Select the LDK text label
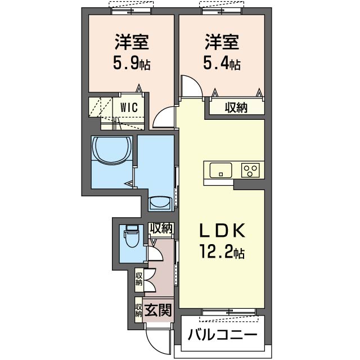222,231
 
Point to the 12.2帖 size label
222,251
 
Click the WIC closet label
129,107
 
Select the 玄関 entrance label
158,310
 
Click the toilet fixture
132,236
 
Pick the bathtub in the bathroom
111,150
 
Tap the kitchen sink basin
220,170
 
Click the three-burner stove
250,170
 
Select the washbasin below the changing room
160,202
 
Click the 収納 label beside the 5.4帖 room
236,107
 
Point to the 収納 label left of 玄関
138,310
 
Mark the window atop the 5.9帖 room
131,11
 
